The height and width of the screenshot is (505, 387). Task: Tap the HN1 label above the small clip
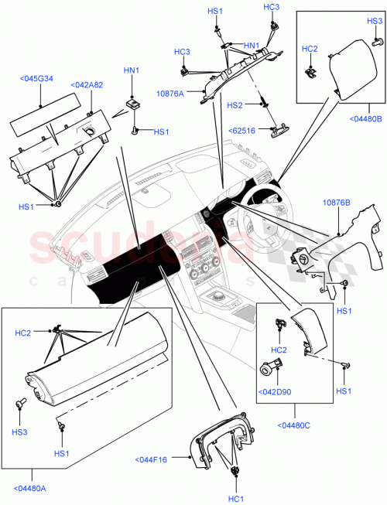132,71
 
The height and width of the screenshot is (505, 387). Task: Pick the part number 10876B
336,203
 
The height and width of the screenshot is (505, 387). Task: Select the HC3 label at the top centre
271,7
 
